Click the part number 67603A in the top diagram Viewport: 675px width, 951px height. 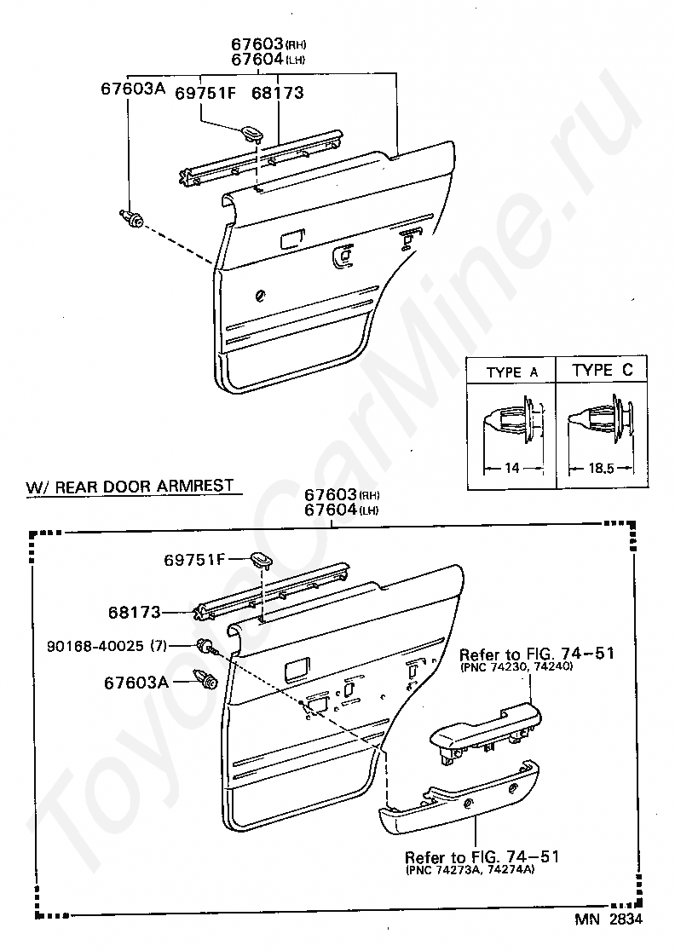(132, 88)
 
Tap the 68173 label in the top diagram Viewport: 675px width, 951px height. (277, 92)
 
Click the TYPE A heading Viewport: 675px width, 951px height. (511, 372)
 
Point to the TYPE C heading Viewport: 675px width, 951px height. (602, 371)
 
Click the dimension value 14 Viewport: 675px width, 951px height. (511, 468)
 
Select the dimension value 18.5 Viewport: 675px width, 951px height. (603, 468)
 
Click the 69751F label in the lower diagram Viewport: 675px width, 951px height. (194, 560)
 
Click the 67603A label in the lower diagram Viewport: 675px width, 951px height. (136, 683)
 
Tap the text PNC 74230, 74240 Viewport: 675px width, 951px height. (515, 667)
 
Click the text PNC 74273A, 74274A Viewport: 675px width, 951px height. (470, 870)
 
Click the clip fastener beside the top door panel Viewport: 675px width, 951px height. (131, 218)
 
